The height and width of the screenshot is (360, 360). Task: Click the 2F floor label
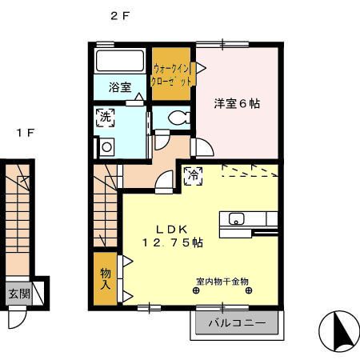tap(119, 14)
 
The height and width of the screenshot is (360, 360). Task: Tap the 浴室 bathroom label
tap(120, 87)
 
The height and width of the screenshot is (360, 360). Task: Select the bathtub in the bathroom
tap(120, 62)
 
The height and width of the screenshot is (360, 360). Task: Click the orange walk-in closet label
tap(170, 74)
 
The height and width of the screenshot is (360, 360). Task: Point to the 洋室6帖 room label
tap(236, 103)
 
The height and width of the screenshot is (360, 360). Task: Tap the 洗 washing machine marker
tap(105, 118)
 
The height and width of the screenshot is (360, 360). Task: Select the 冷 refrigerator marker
tap(193, 175)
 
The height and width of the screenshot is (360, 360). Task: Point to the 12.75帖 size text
tap(172, 242)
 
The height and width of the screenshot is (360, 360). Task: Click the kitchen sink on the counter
tap(238, 218)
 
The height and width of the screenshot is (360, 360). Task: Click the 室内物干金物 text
tap(222, 282)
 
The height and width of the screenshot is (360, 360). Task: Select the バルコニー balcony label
tap(236, 323)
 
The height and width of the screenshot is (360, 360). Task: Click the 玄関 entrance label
tap(19, 294)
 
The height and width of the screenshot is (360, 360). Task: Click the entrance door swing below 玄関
tap(17, 318)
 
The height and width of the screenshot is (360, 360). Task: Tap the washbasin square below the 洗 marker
tap(106, 146)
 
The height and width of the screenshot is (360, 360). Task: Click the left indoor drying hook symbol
tap(197, 291)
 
